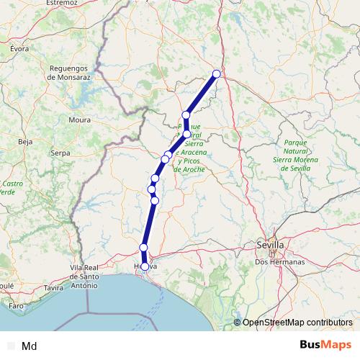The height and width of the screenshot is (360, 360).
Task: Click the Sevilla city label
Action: coord(270,246)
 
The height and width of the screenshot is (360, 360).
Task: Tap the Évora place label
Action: coord(19,48)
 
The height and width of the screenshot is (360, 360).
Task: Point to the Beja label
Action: coord(25,142)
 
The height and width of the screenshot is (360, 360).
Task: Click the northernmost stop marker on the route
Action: coord(216,73)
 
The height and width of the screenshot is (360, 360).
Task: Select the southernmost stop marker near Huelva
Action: coord(145,266)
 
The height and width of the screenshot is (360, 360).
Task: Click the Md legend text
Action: coord(30,346)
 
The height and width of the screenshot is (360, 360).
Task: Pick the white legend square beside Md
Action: coord(9,346)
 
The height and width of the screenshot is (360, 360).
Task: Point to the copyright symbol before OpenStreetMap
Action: coord(238,322)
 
